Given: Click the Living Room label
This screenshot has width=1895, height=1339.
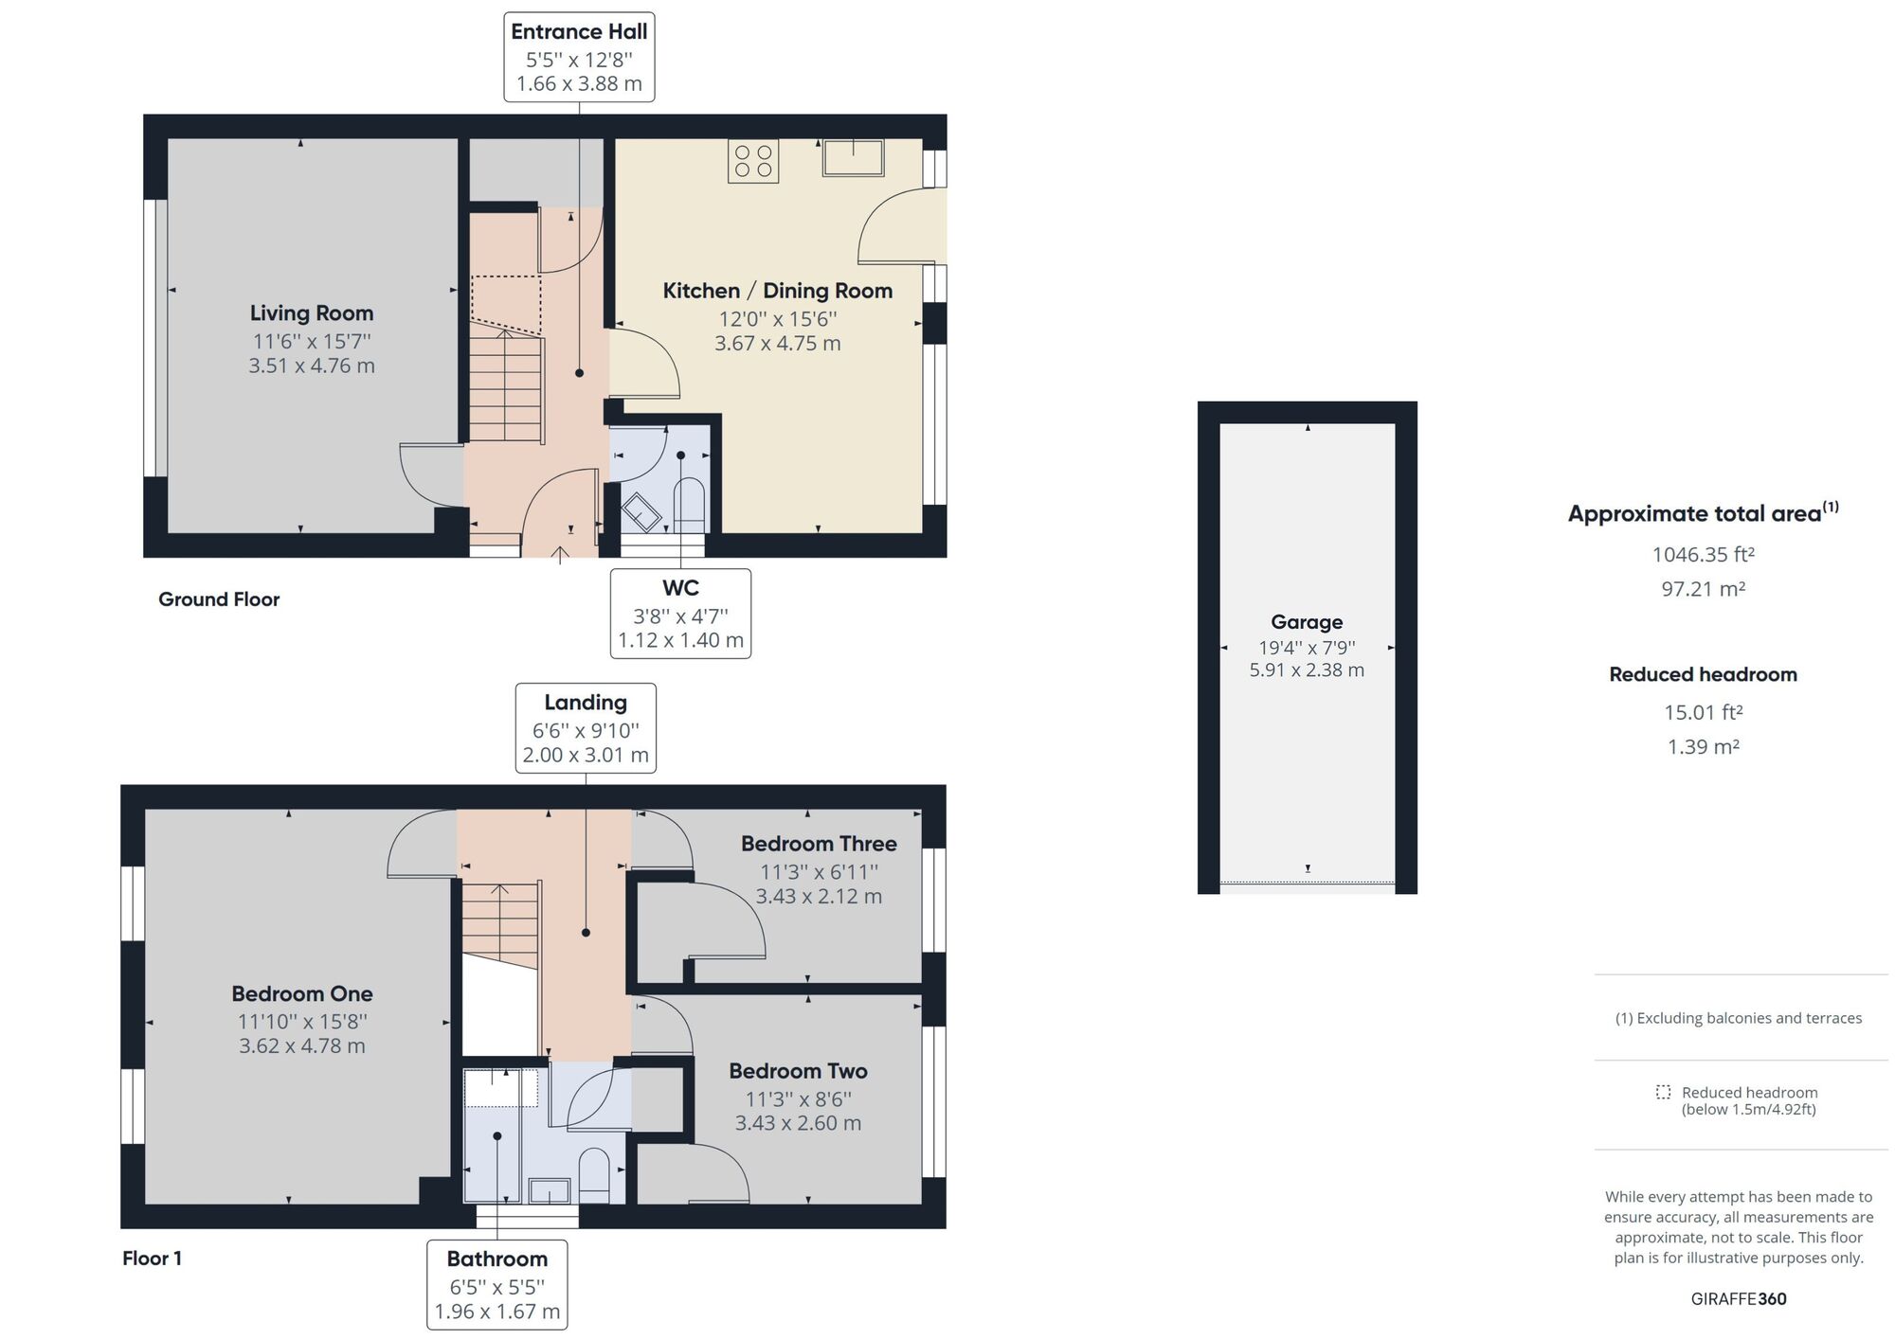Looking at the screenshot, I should [311, 313].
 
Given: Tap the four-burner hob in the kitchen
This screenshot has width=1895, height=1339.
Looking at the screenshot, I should [753, 161].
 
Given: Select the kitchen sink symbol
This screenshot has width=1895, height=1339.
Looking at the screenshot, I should [853, 157].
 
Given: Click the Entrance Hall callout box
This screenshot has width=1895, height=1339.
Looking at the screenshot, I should [579, 57].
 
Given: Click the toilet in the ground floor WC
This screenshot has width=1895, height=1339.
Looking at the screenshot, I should [689, 504].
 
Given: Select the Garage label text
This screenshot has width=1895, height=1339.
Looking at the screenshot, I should [1307, 622].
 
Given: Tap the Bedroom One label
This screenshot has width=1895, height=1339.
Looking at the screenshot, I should [302, 994].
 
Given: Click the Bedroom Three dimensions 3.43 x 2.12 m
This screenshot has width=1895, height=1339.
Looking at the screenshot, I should [819, 896].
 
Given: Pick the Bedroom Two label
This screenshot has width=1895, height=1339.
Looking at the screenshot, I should [798, 1071].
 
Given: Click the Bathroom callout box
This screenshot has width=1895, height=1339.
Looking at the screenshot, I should [497, 1284].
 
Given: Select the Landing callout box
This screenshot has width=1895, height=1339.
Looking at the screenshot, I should [586, 727].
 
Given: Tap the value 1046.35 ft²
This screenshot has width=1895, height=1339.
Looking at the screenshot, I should [1703, 555].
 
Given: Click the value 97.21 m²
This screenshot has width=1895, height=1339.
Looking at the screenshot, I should [1703, 589].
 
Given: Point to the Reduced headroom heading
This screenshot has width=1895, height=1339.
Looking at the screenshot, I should [1703, 674].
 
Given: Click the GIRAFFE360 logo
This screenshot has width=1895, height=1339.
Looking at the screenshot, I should [1739, 1299].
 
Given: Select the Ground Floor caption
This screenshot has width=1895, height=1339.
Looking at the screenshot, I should [219, 599].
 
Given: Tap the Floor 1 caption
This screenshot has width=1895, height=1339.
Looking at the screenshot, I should [152, 1259].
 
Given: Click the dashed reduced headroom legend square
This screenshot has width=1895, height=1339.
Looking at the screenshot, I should [1663, 1092].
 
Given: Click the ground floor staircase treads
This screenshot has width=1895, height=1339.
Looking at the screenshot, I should [506, 388].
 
